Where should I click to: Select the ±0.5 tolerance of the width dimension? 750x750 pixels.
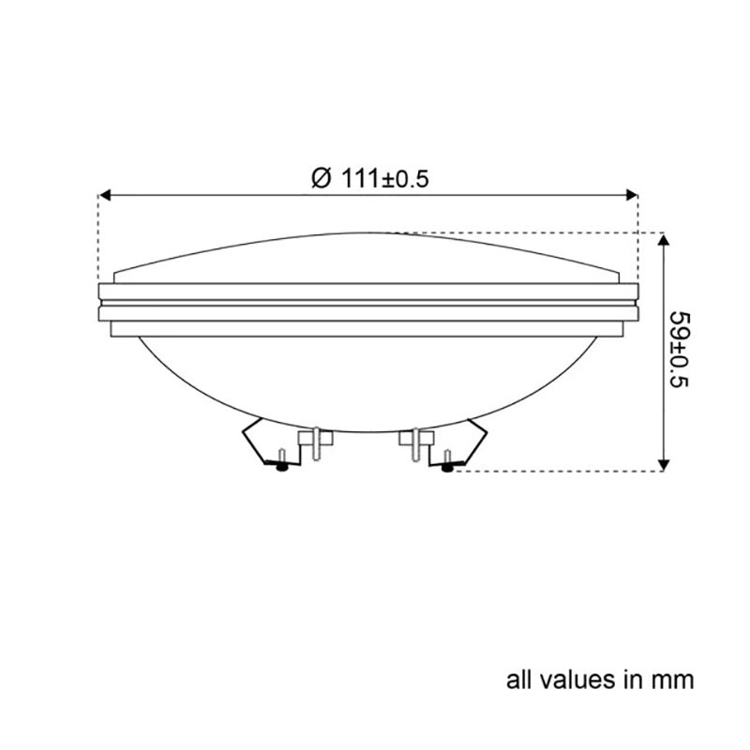(407, 178)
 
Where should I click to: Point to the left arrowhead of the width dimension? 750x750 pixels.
(106, 195)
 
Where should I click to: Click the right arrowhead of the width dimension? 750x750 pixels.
(631, 195)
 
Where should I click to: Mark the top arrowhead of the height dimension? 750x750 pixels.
(664, 240)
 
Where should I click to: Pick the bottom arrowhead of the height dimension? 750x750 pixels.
(664, 462)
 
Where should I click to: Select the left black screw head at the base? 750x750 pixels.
(281, 466)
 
